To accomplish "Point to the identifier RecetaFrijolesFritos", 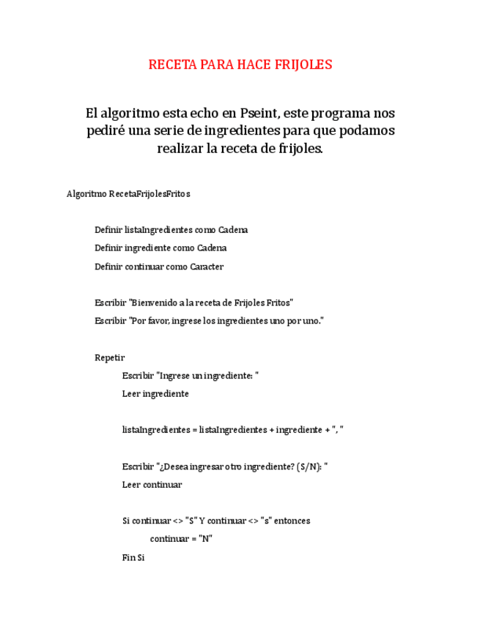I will click(x=149, y=194).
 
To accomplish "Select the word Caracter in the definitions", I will click(x=207, y=267).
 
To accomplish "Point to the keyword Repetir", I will click(x=110, y=357).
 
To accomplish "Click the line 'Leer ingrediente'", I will click(x=155, y=394).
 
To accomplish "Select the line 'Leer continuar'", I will click(x=152, y=485).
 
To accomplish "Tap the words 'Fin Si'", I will click(x=133, y=557).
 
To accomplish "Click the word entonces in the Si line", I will click(x=292, y=521).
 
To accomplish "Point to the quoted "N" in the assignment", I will click(x=205, y=539).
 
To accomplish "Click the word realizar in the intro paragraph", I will click(x=180, y=149).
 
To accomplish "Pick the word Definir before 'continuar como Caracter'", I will click(x=108, y=267).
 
